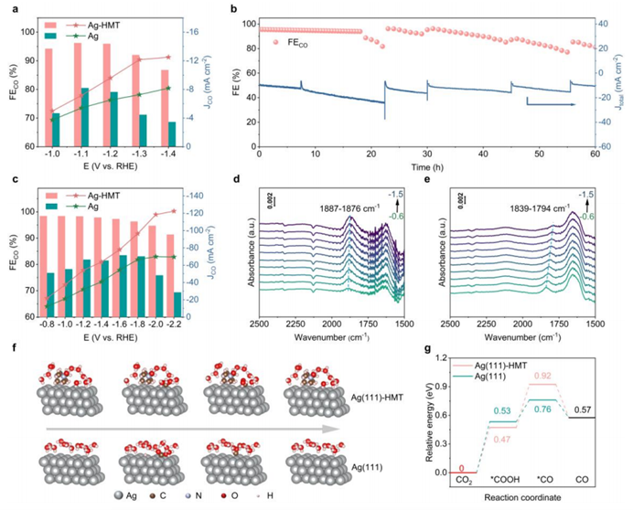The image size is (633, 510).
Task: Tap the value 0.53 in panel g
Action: pos(500,411)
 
